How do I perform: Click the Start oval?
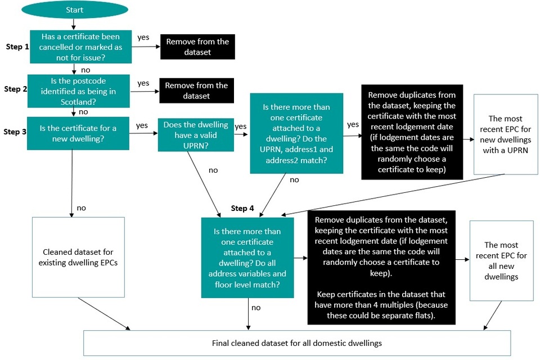coord(75,10)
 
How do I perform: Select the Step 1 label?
coord(17,47)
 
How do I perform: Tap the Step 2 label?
coord(16,89)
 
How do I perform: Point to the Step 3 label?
coord(15,132)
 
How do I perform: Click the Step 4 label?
coord(242,208)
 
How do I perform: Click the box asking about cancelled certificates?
coord(80,47)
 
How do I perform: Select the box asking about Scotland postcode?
coord(79,91)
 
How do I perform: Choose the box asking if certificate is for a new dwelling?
coord(78,133)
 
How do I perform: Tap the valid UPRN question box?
coord(196,135)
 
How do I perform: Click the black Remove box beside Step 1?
coord(197,47)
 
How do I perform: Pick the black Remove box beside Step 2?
coord(197,91)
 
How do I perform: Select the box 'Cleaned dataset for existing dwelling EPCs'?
coord(78,257)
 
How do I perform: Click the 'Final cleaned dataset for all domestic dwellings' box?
coord(297,343)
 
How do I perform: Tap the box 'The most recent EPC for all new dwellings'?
coord(501,261)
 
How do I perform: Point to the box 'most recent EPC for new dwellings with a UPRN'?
coord(506,134)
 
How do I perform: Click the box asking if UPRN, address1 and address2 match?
coord(296,133)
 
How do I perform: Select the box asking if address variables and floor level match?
coord(247,258)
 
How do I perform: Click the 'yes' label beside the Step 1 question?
coord(143,37)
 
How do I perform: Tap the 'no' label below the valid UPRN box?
coord(213,170)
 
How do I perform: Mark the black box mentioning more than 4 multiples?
coord(381,268)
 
